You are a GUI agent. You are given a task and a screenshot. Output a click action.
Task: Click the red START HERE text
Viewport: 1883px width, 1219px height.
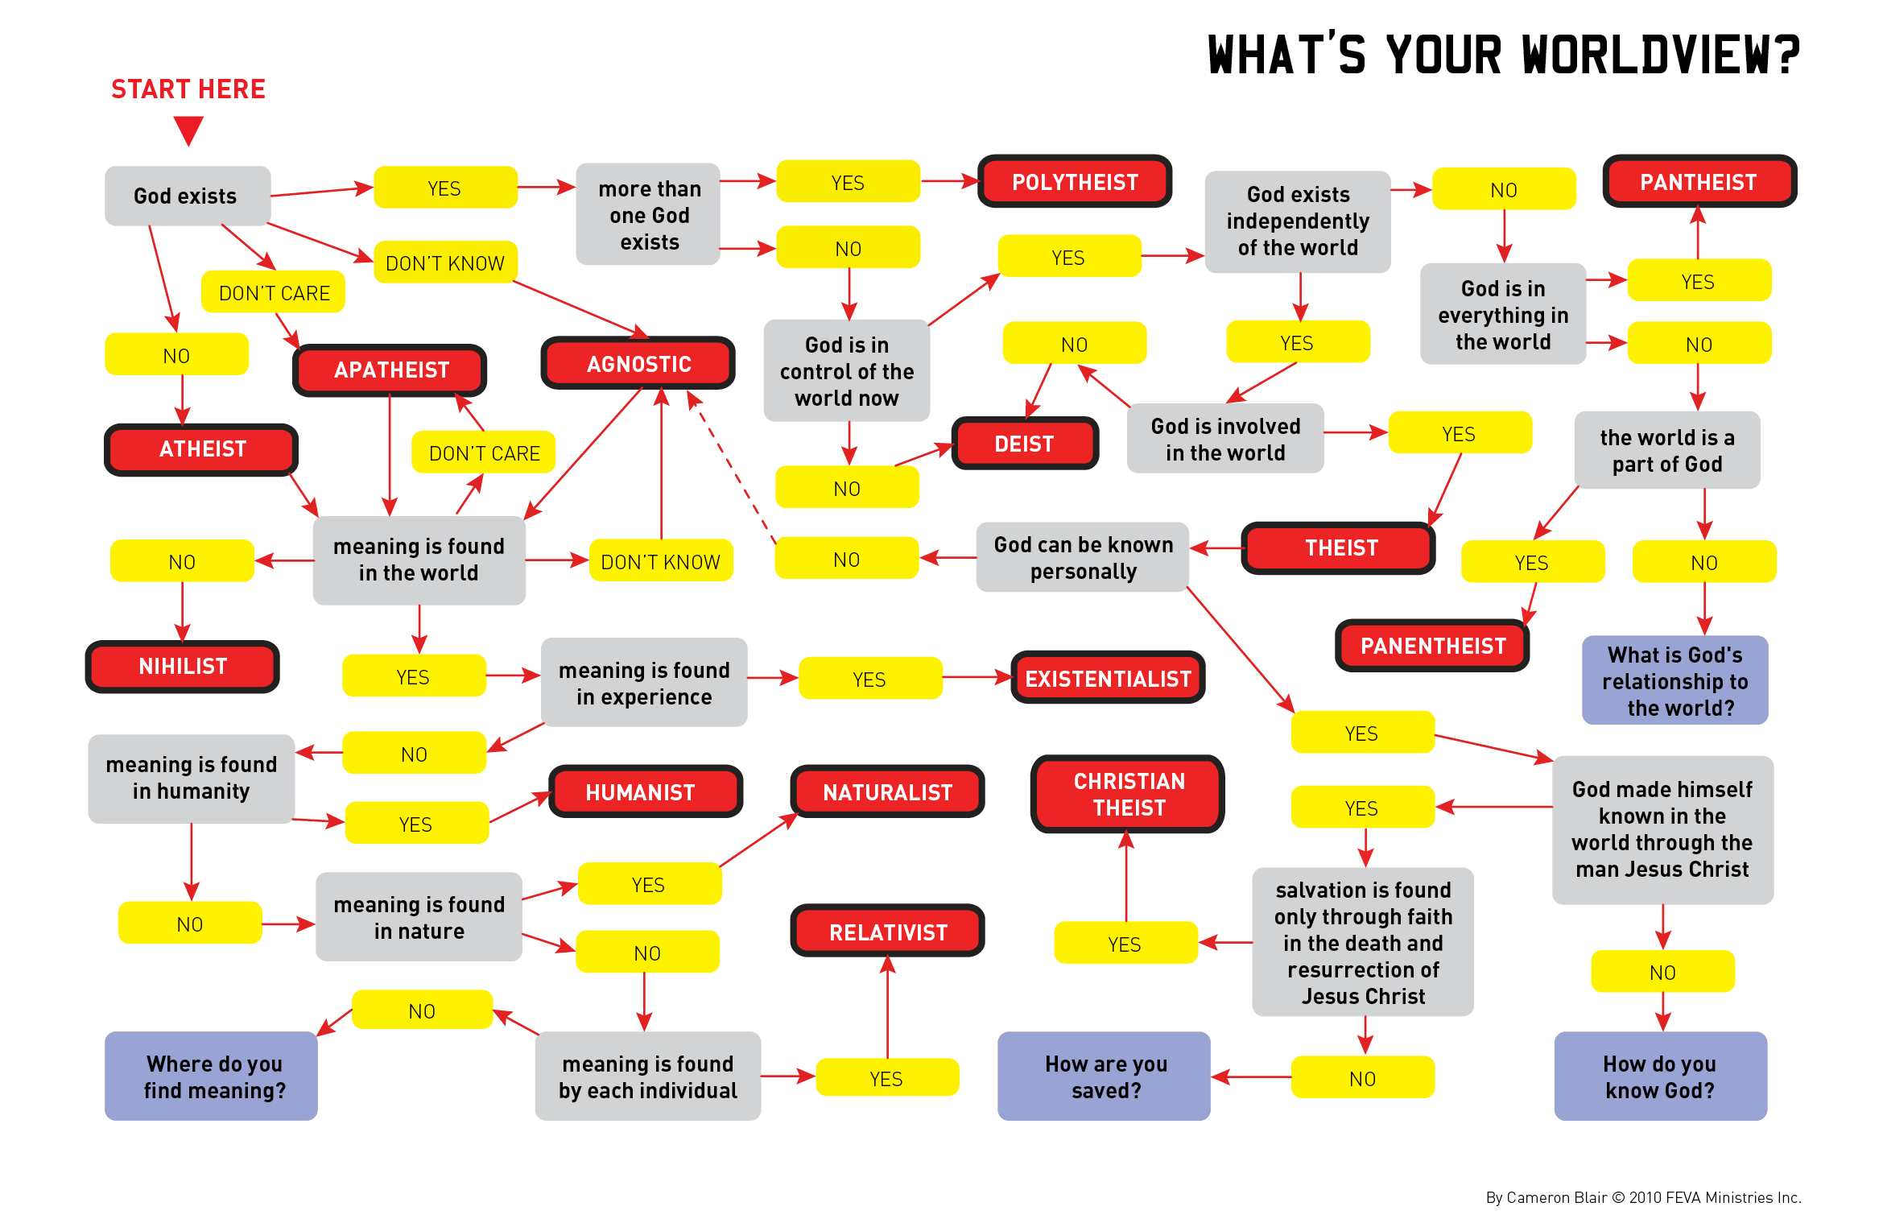click(x=188, y=89)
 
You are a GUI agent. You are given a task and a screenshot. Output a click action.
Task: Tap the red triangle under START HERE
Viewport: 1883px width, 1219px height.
click(x=188, y=130)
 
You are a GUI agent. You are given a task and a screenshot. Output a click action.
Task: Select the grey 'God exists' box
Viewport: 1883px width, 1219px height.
click(x=187, y=196)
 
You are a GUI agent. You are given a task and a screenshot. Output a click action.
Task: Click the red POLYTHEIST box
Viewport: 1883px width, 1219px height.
click(x=1074, y=182)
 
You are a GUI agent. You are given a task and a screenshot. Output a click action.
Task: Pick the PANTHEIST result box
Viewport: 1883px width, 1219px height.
click(x=1699, y=182)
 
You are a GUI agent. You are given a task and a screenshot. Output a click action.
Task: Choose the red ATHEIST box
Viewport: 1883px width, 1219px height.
click(x=201, y=449)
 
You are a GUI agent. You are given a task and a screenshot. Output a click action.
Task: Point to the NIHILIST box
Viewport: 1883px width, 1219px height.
click(x=183, y=667)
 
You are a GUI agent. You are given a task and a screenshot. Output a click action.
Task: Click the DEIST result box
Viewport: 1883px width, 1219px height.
click(x=1024, y=444)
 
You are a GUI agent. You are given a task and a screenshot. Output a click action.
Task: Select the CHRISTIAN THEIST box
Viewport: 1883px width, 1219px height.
click(x=1128, y=794)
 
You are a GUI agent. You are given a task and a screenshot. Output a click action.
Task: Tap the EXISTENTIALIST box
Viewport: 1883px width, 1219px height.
click(x=1107, y=678)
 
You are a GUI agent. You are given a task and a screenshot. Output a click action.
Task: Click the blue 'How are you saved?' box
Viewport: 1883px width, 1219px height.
click(x=1104, y=1076)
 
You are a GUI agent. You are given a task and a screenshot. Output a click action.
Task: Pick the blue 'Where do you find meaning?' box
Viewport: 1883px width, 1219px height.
click(x=212, y=1076)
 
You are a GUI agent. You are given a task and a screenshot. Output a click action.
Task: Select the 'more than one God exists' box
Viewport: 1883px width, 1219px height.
click(x=648, y=214)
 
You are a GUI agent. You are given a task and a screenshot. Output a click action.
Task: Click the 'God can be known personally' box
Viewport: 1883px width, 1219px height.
click(x=1082, y=557)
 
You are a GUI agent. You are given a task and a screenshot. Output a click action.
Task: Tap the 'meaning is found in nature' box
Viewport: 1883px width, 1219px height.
click(x=419, y=917)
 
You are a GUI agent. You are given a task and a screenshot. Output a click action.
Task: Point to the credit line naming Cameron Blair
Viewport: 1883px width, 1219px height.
click(x=1642, y=1197)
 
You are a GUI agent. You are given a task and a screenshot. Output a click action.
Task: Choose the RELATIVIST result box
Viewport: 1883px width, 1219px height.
click(x=887, y=932)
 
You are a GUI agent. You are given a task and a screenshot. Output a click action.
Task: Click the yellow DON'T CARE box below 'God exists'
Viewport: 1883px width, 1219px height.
click(x=273, y=292)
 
